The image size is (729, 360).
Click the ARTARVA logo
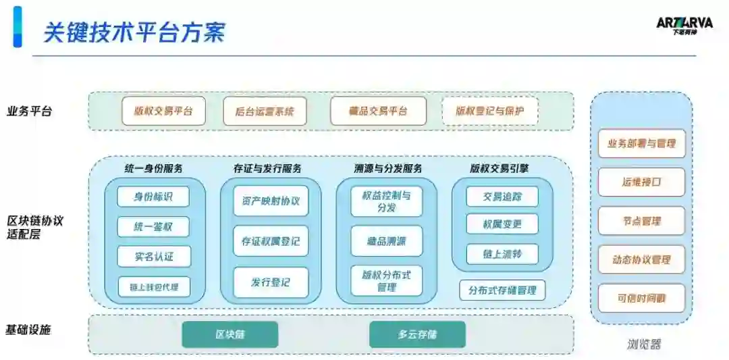click(684, 25)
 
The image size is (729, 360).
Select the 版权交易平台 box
click(163, 111)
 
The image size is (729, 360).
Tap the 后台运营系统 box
click(265, 111)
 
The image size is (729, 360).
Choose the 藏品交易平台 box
click(378, 111)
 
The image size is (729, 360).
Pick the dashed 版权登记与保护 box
click(489, 111)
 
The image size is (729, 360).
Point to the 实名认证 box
click(153, 256)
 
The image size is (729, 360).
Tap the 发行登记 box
click(271, 282)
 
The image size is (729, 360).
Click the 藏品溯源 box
click(387, 240)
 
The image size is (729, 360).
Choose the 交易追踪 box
click(502, 197)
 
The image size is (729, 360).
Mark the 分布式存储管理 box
click(502, 290)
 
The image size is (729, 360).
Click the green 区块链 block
click(230, 334)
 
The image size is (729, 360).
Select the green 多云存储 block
click(417, 334)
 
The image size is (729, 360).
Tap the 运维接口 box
click(641, 182)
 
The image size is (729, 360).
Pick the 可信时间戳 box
click(641, 298)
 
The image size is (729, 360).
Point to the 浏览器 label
click(641, 344)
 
